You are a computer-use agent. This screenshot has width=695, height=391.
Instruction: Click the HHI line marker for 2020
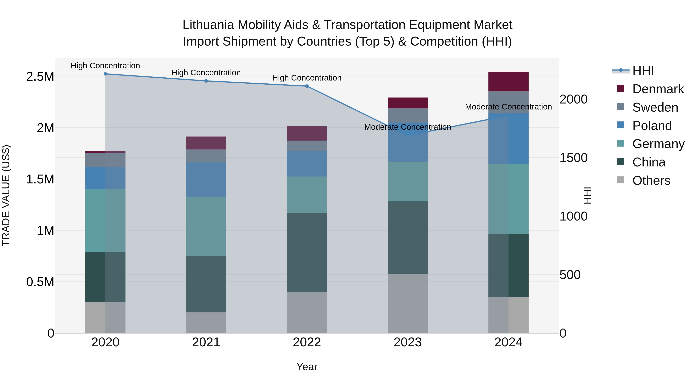click(x=105, y=74)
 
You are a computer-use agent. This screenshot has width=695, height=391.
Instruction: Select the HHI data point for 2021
click(x=206, y=81)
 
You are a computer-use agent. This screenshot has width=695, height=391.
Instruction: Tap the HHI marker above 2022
click(x=307, y=86)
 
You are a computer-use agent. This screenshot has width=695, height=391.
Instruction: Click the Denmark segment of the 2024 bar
click(x=508, y=81)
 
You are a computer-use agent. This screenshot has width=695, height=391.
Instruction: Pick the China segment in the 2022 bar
click(x=307, y=253)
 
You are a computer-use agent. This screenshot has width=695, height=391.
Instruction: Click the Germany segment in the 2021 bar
click(x=206, y=226)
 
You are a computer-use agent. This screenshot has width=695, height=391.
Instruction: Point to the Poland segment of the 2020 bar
click(x=105, y=178)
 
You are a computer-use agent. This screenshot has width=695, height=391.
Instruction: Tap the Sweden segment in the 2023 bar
click(x=407, y=115)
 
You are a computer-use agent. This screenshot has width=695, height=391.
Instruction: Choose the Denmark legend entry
click(x=658, y=89)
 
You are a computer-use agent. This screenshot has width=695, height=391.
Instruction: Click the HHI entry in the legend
click(x=643, y=71)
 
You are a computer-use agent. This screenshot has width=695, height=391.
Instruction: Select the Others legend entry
click(x=651, y=181)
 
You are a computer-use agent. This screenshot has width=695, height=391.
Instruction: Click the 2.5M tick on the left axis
click(x=40, y=77)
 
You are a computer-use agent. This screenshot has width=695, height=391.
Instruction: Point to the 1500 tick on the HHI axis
click(x=573, y=158)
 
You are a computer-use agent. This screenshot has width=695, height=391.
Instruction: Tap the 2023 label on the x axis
click(x=407, y=342)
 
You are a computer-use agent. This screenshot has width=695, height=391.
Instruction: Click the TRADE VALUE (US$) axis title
click(x=6, y=195)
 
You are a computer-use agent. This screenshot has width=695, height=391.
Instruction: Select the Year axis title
click(x=307, y=367)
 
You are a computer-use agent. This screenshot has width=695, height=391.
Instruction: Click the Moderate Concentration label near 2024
click(x=508, y=107)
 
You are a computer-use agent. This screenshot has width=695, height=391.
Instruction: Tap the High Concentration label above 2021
click(x=206, y=73)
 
